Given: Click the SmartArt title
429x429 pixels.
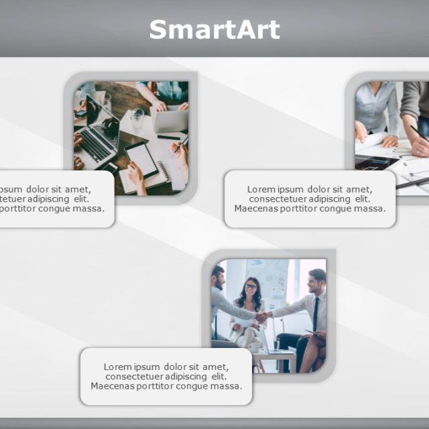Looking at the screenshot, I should (x=214, y=30).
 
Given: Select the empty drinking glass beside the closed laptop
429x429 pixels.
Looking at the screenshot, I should (x=138, y=119).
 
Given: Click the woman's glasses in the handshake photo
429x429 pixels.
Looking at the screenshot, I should (x=251, y=286).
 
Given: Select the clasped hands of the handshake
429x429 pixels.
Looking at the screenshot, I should (x=262, y=316).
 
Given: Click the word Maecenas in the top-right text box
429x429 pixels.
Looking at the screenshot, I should (x=257, y=208).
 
